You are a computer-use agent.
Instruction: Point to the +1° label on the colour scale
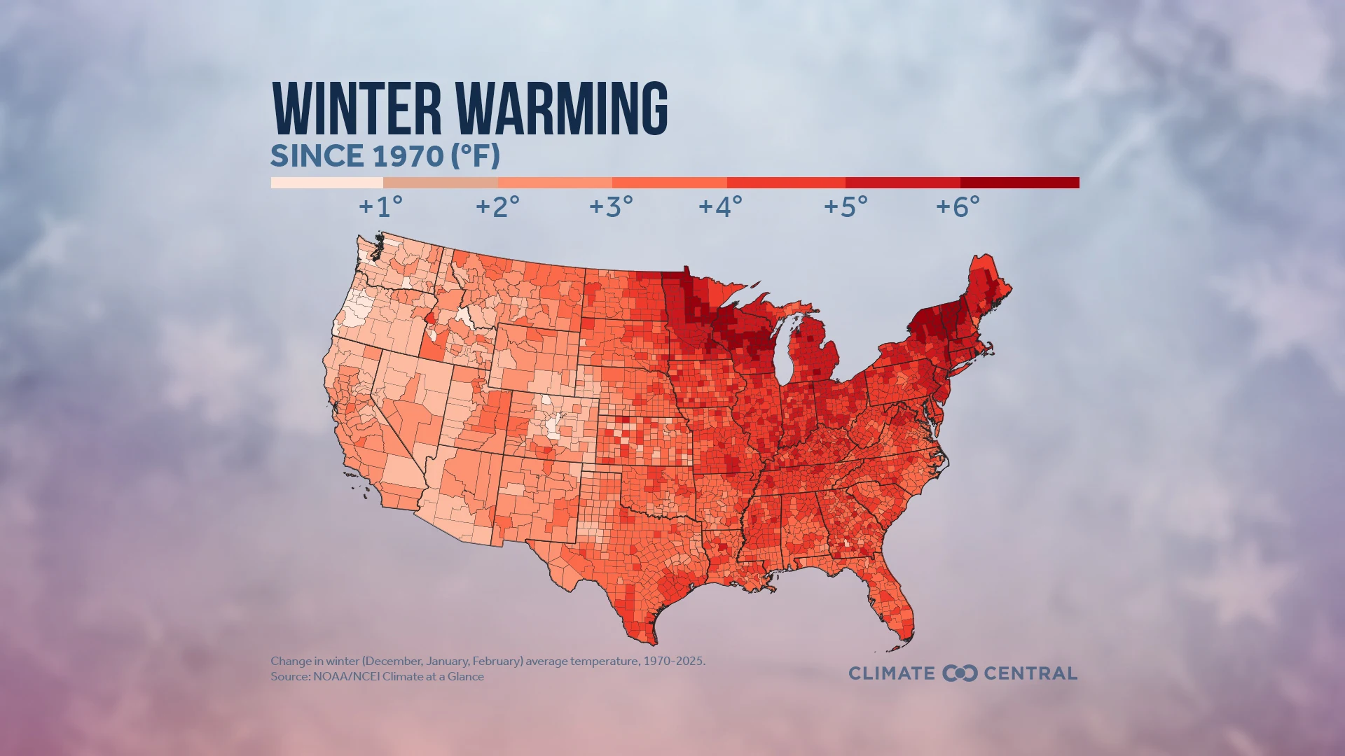pyautogui.click(x=381, y=206)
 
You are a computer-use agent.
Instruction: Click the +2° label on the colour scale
pyautogui.click(x=497, y=206)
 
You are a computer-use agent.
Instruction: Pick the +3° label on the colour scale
pyautogui.click(x=611, y=206)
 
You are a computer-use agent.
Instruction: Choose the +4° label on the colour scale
pyautogui.click(x=720, y=206)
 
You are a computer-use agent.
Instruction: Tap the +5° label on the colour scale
pyautogui.click(x=846, y=206)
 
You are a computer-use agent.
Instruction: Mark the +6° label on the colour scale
pyautogui.click(x=958, y=206)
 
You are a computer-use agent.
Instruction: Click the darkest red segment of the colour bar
pyautogui.click(x=1019, y=183)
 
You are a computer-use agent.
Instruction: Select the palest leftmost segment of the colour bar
pyautogui.click(x=326, y=183)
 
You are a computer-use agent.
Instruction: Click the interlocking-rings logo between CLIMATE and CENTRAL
pyautogui.click(x=960, y=673)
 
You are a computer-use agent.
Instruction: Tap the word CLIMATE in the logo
pyautogui.click(x=892, y=673)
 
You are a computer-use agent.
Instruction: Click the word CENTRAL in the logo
pyautogui.click(x=1030, y=673)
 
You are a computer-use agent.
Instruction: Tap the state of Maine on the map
pyautogui.click(x=988, y=287)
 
